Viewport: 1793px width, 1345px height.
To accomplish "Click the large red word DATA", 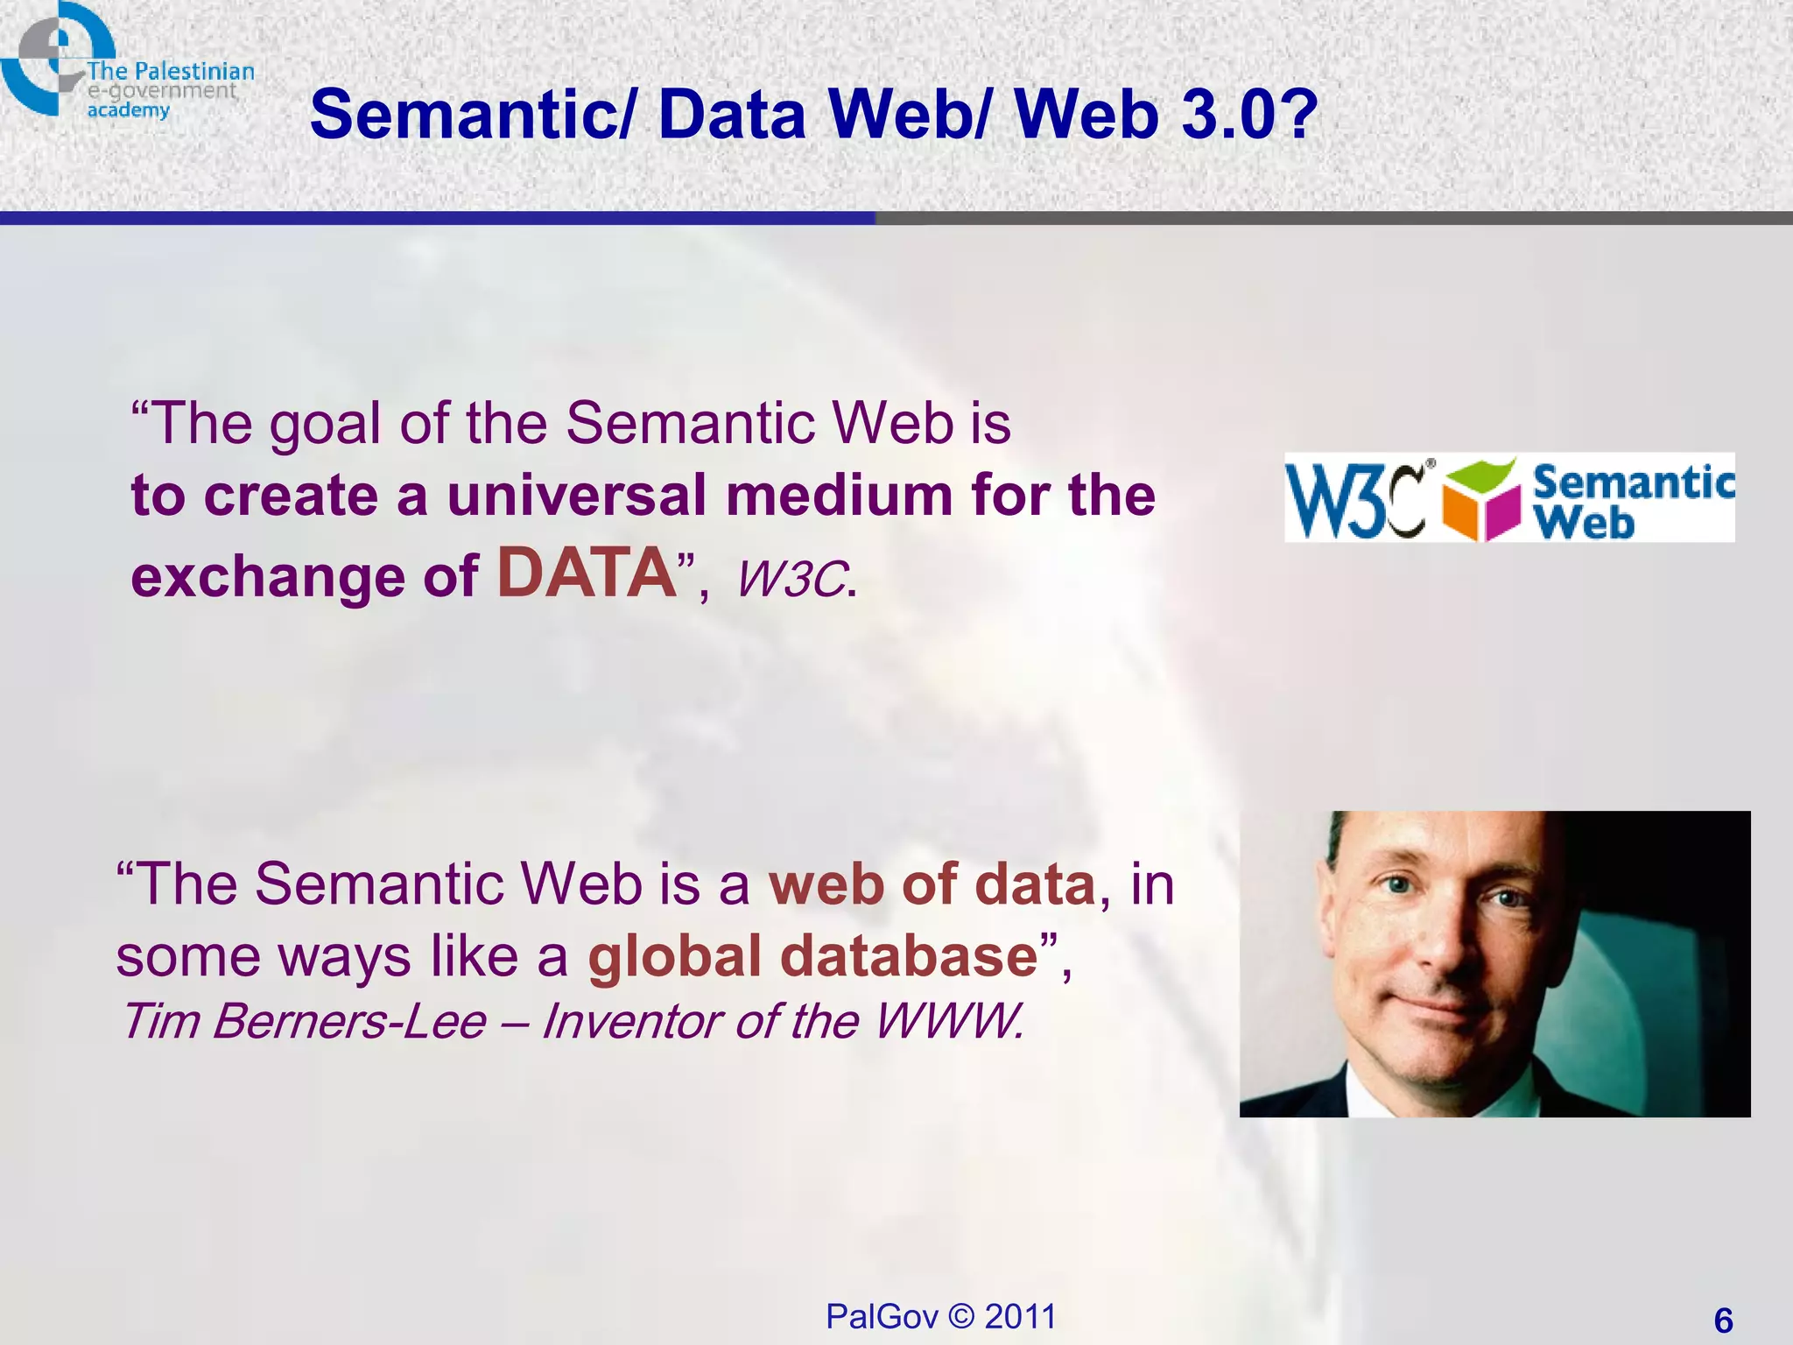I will (x=587, y=574).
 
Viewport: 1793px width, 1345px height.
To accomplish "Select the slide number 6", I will (x=1723, y=1320).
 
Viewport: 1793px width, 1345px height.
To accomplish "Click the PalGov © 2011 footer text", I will (x=941, y=1316).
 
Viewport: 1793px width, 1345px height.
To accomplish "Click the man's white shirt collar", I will (x=1366, y=1090).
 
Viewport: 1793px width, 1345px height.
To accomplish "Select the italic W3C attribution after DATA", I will (x=792, y=580).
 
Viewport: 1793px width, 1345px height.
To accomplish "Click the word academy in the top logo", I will (x=128, y=110).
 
